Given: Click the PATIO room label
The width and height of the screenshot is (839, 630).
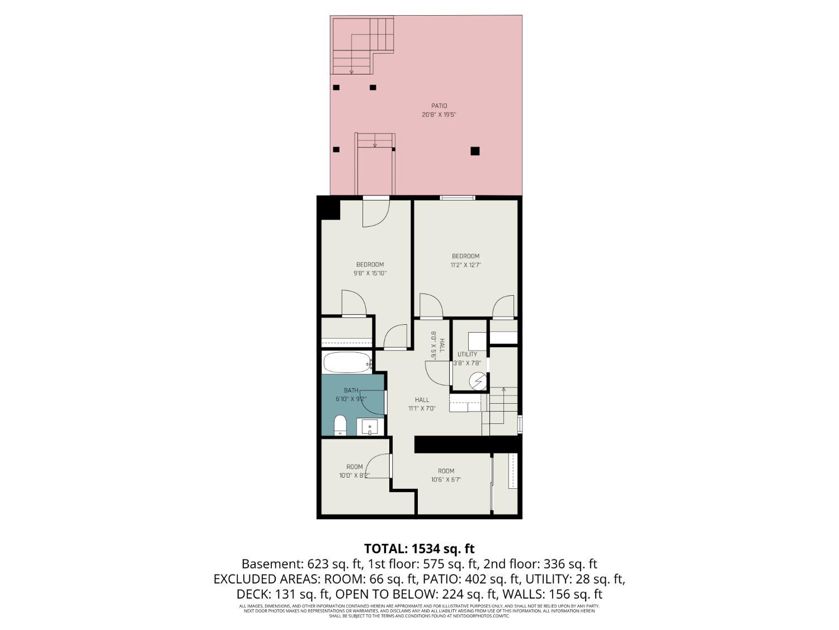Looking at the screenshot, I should click(439, 106).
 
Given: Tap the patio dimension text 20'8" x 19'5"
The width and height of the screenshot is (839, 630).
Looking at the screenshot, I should click(439, 115).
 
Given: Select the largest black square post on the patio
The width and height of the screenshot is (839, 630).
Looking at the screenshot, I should click(475, 151).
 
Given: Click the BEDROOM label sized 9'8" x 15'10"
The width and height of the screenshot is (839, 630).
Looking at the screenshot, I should click(370, 265).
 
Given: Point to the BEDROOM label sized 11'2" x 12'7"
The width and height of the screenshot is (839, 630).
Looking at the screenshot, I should click(465, 256).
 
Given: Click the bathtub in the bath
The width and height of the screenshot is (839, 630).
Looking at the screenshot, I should click(347, 362).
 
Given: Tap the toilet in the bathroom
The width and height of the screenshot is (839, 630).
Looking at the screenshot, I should click(340, 426).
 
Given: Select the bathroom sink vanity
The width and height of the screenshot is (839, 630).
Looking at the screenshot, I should click(370, 427).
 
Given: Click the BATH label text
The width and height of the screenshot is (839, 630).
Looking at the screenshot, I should click(351, 390).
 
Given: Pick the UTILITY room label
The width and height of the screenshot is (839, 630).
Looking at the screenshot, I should click(467, 354).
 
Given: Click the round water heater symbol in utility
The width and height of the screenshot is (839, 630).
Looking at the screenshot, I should click(477, 381).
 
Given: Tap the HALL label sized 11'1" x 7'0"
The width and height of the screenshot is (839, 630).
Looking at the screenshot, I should click(422, 400).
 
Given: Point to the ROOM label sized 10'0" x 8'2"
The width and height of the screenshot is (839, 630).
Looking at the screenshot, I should click(354, 467).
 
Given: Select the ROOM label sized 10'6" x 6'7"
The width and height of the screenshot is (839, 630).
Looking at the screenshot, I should click(446, 471).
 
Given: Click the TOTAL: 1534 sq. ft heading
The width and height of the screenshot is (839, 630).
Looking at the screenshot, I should click(419, 548).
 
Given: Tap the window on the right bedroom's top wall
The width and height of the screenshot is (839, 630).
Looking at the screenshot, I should click(457, 197).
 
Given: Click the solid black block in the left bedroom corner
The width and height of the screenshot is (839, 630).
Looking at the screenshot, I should click(329, 209).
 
